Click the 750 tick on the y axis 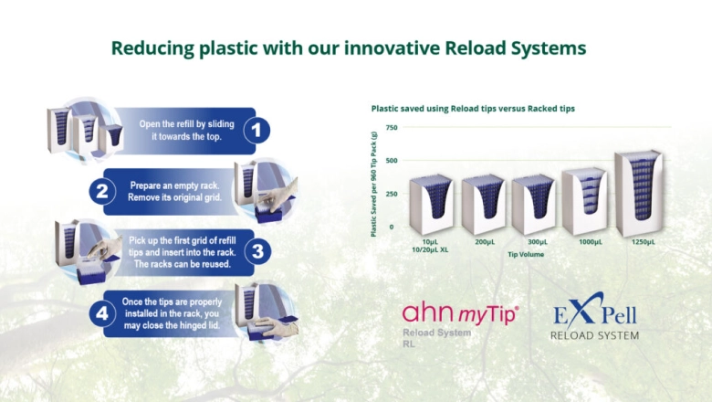tap(391, 128)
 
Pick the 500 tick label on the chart tap(391, 161)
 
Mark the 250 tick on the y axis tap(391, 194)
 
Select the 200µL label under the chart tap(485, 242)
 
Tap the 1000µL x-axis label tap(591, 242)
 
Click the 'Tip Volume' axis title tap(526, 255)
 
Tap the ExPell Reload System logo tap(594, 321)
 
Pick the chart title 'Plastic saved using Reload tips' tap(473, 109)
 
